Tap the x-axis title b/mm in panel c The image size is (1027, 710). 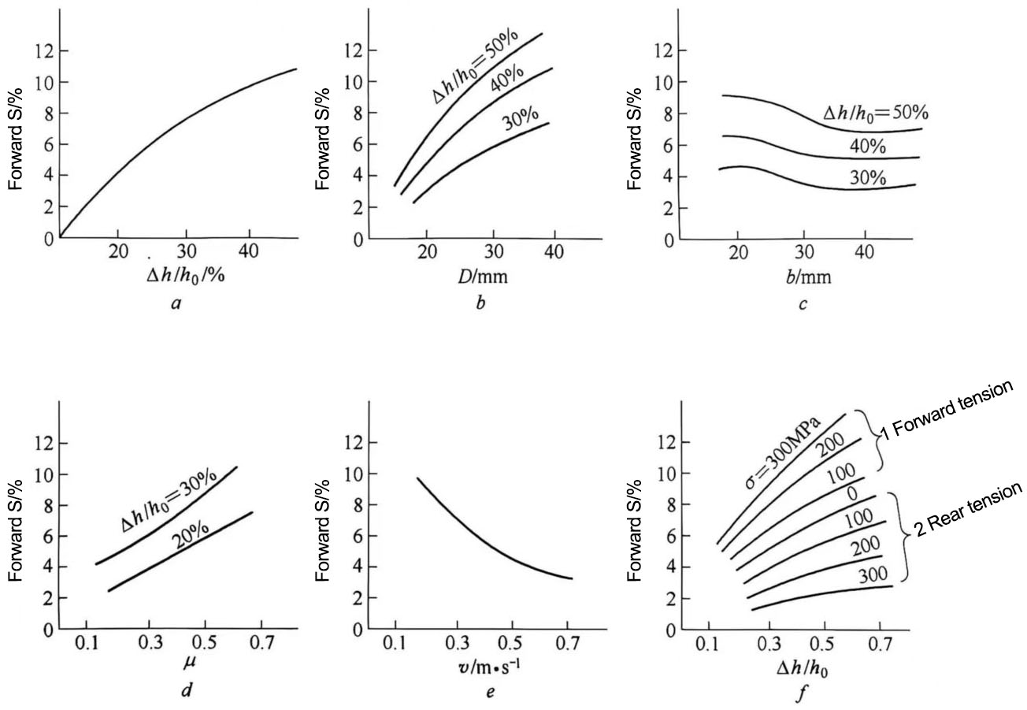point(802,277)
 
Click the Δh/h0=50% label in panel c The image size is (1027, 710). point(871,114)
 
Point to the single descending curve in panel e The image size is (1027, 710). point(473,535)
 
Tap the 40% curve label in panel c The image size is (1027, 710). point(868,147)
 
